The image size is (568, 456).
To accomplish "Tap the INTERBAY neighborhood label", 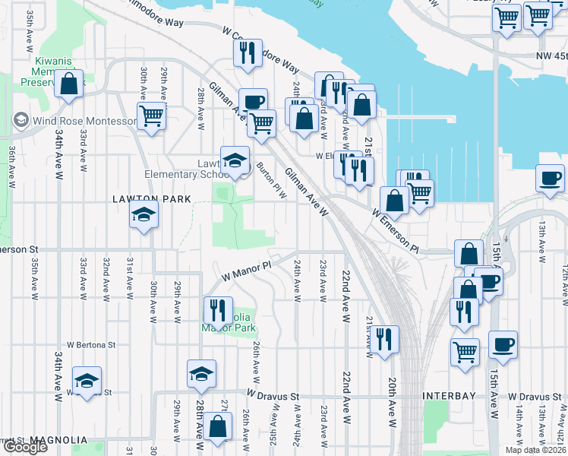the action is click(x=449, y=396).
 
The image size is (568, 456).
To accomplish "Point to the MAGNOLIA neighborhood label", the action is click(x=59, y=440).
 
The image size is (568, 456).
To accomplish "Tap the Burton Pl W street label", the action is click(x=271, y=179).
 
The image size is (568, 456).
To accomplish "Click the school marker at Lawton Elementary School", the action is click(x=235, y=160).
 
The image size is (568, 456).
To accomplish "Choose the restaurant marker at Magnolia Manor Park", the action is click(x=218, y=311).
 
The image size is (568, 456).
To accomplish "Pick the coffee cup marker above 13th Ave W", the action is click(x=550, y=179).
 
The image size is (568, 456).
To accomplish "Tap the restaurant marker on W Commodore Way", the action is click(x=248, y=53).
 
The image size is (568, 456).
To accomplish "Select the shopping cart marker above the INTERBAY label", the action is click(x=465, y=351).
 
